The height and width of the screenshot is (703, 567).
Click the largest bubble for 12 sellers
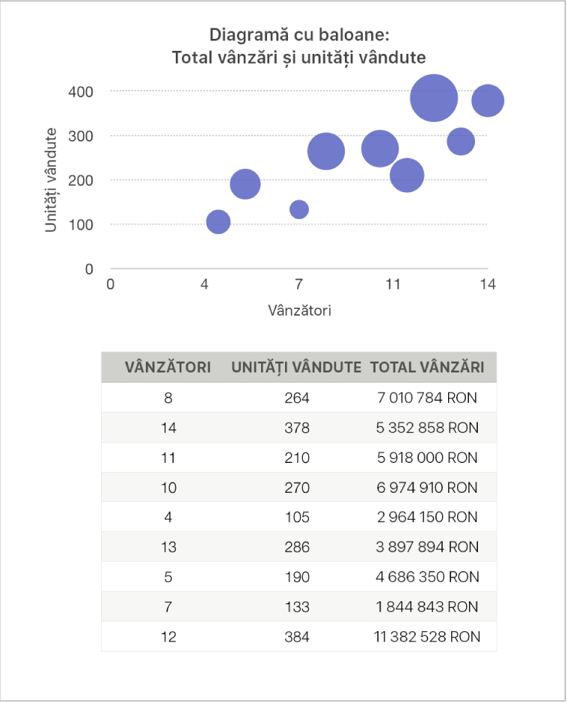pyautogui.click(x=434, y=97)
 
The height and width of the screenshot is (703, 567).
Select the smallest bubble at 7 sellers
pyautogui.click(x=299, y=209)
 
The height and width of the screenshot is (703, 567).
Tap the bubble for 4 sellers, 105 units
pyautogui.click(x=218, y=221)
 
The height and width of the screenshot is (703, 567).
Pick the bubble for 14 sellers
pyautogui.click(x=488, y=100)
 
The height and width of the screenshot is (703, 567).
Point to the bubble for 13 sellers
pyautogui.click(x=461, y=141)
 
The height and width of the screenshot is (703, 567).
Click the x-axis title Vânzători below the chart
pyautogui.click(x=299, y=310)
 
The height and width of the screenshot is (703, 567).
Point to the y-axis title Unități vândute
pyautogui.click(x=51, y=180)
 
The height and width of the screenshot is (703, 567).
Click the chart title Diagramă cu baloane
pyautogui.click(x=299, y=35)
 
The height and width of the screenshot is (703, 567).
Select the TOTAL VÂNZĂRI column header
pyautogui.click(x=427, y=367)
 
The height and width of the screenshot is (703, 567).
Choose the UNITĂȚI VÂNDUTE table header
pyautogui.click(x=296, y=367)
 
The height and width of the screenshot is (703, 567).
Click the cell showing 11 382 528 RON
pyautogui.click(x=427, y=637)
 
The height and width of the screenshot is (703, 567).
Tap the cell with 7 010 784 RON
pyautogui.click(x=427, y=398)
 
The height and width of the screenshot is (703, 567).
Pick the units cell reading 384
pyautogui.click(x=296, y=637)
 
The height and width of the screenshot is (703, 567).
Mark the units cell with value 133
pyautogui.click(x=296, y=607)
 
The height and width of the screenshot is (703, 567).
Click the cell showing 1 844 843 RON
pyautogui.click(x=427, y=607)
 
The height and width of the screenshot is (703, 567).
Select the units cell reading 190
pyautogui.click(x=296, y=577)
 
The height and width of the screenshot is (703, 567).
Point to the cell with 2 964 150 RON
pyautogui.click(x=427, y=518)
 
